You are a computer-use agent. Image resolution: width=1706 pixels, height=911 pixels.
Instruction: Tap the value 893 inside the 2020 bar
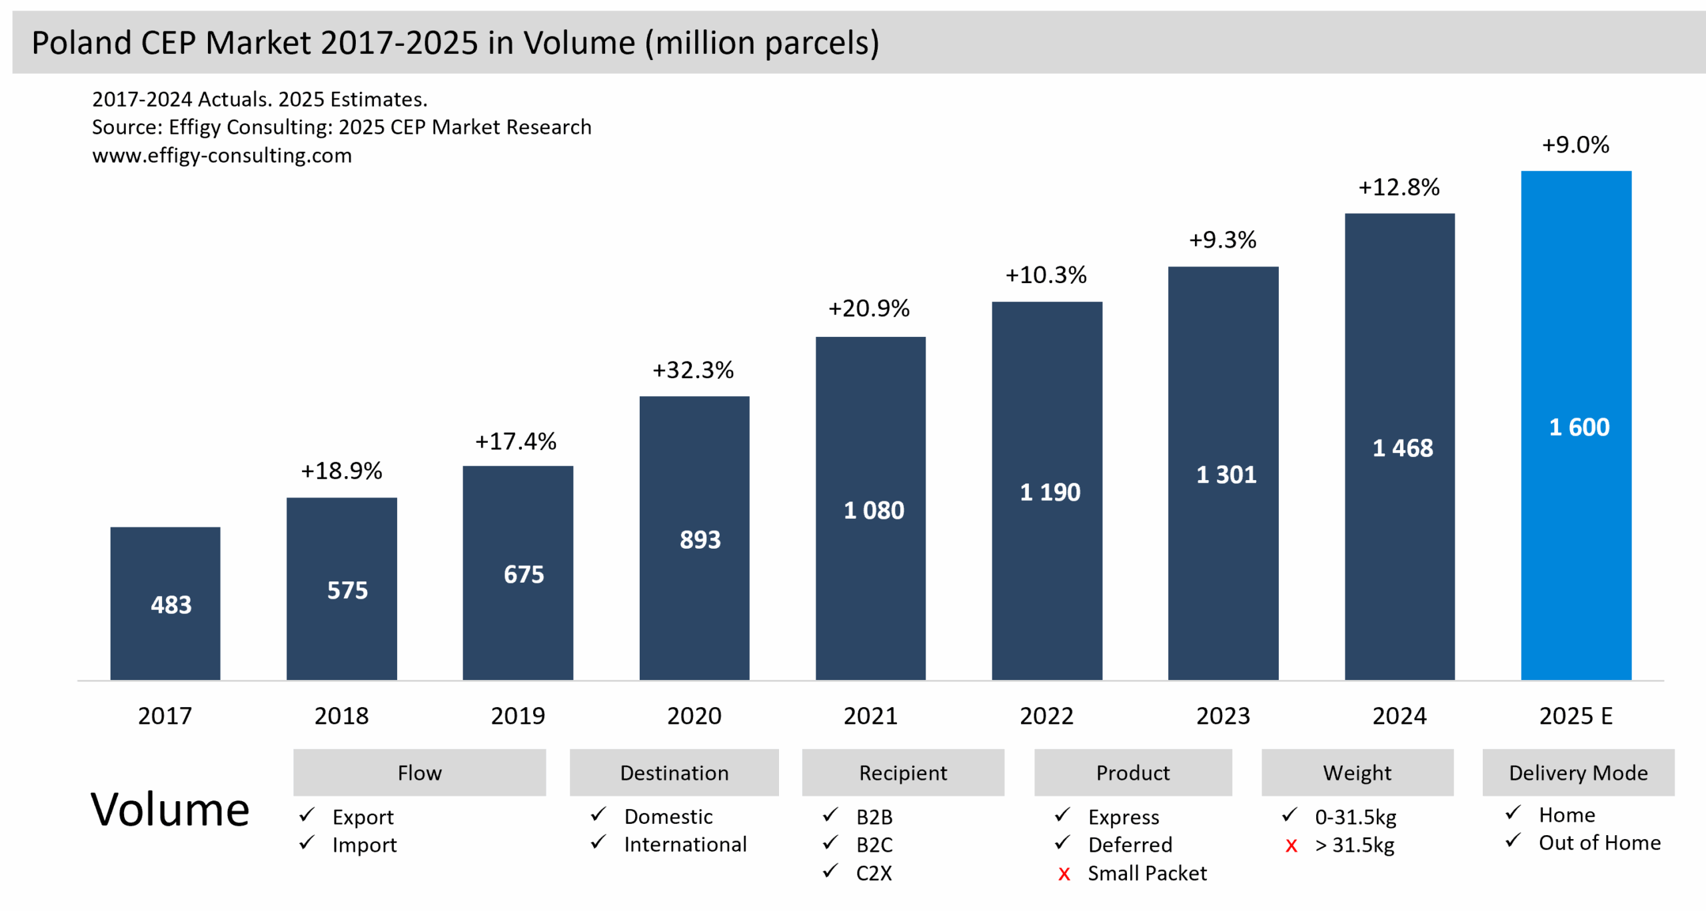pyautogui.click(x=700, y=539)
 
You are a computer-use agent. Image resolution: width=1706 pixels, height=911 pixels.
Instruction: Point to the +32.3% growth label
pyautogui.click(x=693, y=370)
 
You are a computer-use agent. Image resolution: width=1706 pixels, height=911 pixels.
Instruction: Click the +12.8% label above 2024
pyautogui.click(x=1399, y=187)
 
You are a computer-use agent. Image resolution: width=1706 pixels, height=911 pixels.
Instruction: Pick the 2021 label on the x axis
pyautogui.click(x=870, y=716)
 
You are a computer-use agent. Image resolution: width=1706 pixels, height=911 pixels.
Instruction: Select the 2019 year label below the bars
pyautogui.click(x=518, y=716)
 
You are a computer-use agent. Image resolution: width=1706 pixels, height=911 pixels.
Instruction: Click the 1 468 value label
pyautogui.click(x=1402, y=448)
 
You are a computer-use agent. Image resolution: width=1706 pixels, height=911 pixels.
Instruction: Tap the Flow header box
pyautogui.click(x=419, y=772)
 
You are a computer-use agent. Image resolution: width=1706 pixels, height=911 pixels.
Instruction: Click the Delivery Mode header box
pyautogui.click(x=1577, y=772)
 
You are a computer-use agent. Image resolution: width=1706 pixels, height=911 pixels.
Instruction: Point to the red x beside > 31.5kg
pyautogui.click(x=1291, y=846)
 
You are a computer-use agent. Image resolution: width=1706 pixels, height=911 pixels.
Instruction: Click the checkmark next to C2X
pyautogui.click(x=830, y=871)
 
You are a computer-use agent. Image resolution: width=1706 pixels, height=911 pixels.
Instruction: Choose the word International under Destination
pyautogui.click(x=685, y=844)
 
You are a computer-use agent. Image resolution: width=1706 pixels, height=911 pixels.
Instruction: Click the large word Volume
pyautogui.click(x=170, y=810)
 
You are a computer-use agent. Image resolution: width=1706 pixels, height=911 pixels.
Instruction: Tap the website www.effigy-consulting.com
pyautogui.click(x=222, y=155)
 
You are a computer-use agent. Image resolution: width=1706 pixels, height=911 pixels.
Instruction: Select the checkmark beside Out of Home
pyautogui.click(x=1513, y=840)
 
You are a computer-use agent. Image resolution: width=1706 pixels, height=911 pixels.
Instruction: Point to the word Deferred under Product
pyautogui.click(x=1130, y=844)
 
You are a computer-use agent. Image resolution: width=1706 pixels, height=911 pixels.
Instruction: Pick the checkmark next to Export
pyautogui.click(x=307, y=815)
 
